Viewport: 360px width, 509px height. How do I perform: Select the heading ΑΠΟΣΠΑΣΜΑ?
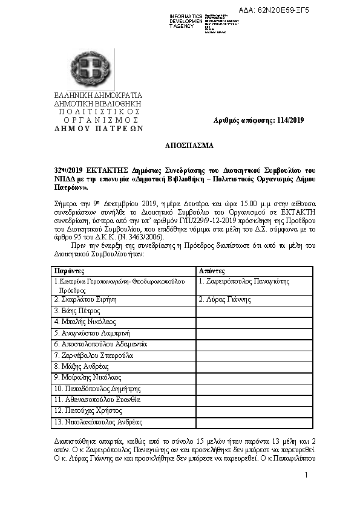pos(189,146)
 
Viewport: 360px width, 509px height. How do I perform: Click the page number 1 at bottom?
pos(307,476)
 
